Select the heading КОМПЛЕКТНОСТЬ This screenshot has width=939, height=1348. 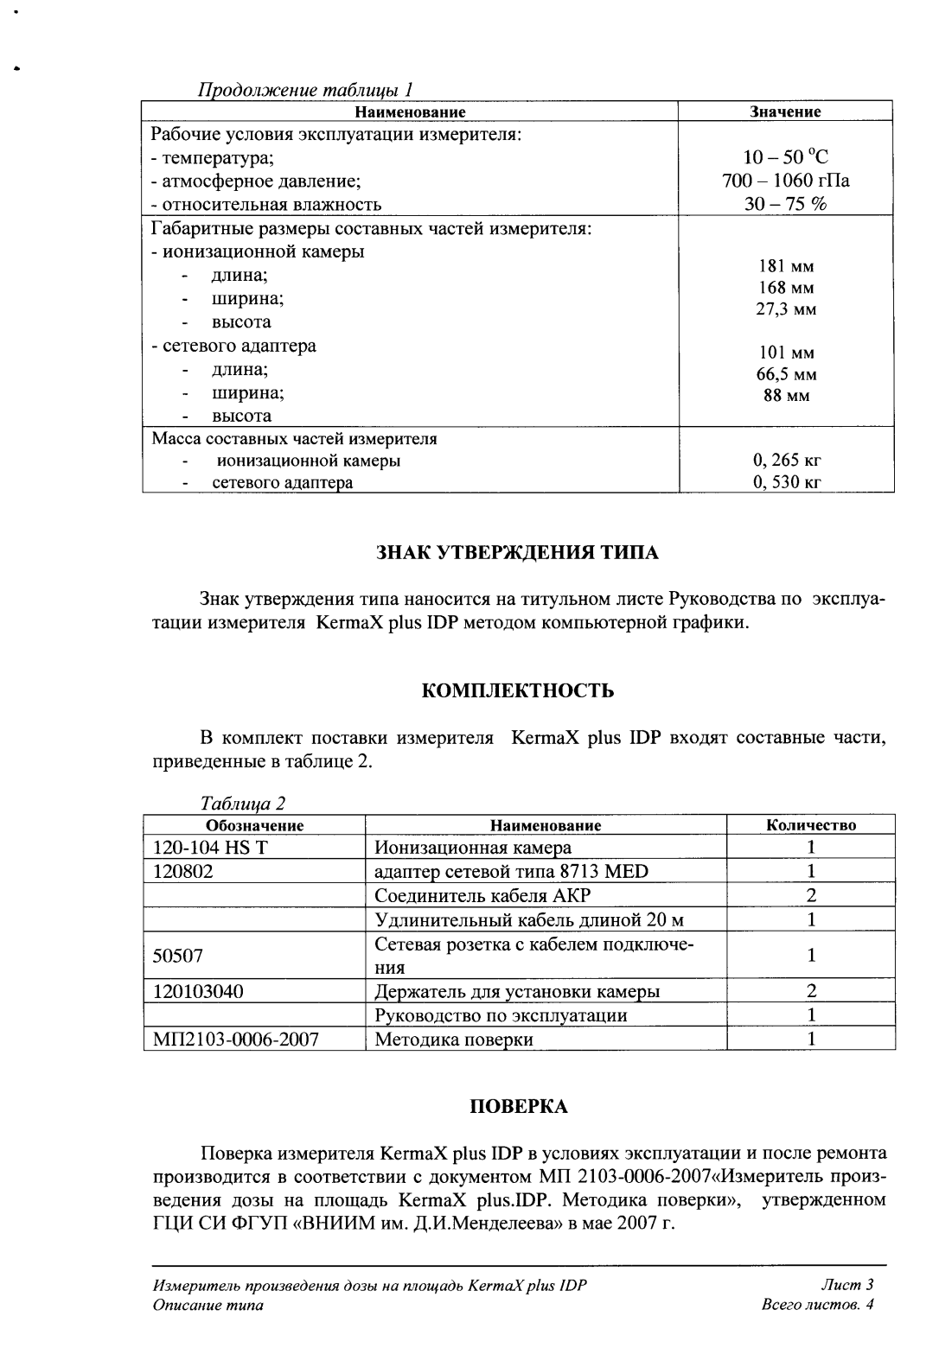point(518,691)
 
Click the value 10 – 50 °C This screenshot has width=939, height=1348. point(785,157)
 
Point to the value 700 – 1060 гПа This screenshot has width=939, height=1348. point(785,181)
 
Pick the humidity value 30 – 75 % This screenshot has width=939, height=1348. point(785,204)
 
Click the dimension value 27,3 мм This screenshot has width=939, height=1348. point(785,309)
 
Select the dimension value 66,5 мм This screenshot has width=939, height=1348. point(785,374)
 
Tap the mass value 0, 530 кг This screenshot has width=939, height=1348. point(785,482)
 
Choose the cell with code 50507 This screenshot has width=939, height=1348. point(178,956)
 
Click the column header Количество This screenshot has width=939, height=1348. point(810,825)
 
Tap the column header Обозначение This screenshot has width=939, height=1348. point(254,825)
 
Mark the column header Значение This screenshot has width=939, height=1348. point(785,111)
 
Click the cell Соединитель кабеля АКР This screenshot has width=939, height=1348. point(482,895)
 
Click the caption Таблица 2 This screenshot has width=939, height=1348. point(243,804)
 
